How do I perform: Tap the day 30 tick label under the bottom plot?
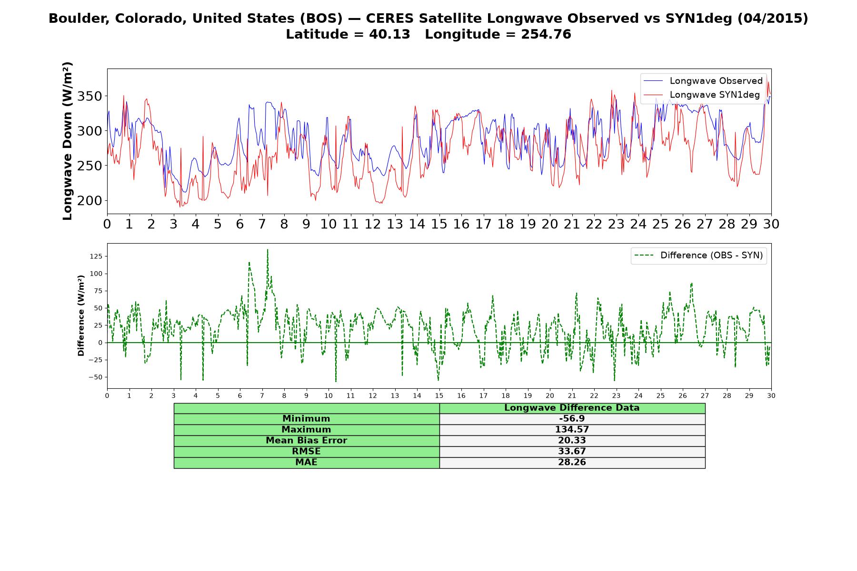pos(771,395)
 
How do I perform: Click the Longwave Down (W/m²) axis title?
pos(67,141)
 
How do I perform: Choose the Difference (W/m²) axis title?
pos(81,315)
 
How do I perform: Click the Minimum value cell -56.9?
pos(572,419)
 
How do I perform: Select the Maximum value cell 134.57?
pos(572,430)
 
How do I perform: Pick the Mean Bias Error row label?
pos(306,441)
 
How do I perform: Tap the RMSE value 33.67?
pos(572,452)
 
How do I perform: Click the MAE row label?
pos(306,463)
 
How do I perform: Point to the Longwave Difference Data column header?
pos(572,408)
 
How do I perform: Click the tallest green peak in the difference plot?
pos(268,249)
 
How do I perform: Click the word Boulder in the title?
pos(72,19)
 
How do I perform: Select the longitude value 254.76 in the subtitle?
pos(546,34)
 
